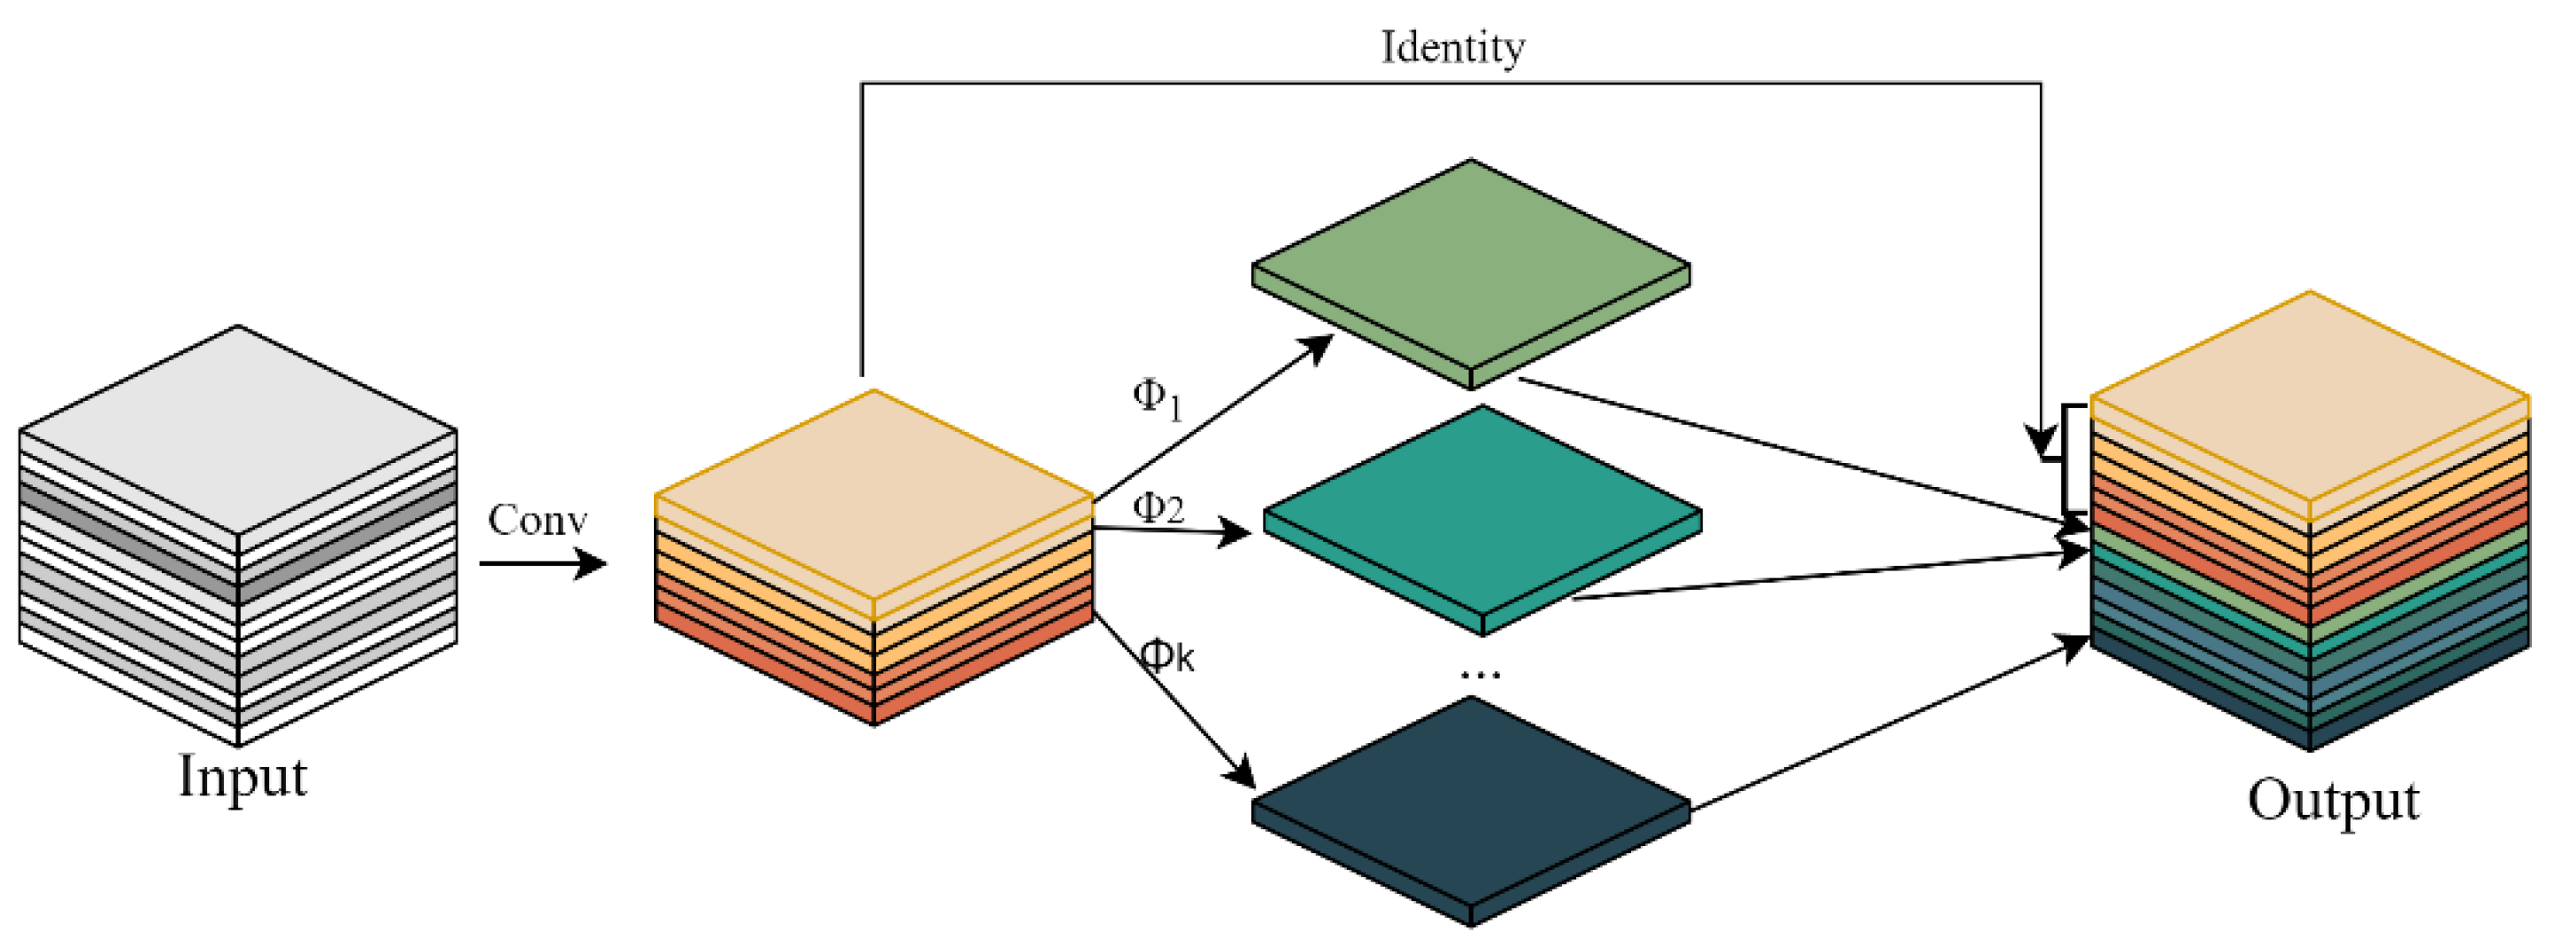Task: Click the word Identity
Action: click(x=1453, y=48)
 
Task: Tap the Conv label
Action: click(x=537, y=520)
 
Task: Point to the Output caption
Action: click(x=2333, y=800)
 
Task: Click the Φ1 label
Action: click(x=1157, y=399)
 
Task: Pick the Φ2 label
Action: click(x=1158, y=508)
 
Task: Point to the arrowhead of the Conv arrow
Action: click(x=593, y=563)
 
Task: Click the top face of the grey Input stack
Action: click(x=238, y=429)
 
